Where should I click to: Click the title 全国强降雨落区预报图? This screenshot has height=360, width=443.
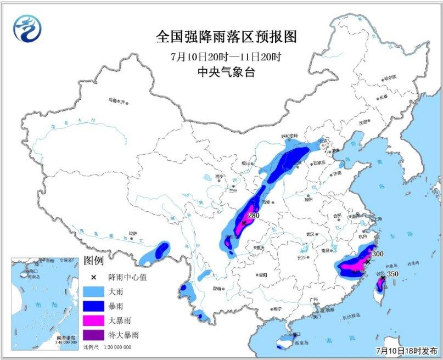tap(226, 37)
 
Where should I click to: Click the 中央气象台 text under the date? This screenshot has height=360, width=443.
tap(226, 72)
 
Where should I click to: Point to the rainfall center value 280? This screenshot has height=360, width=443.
tap(253, 216)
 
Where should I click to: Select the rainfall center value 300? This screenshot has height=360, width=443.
tap(377, 255)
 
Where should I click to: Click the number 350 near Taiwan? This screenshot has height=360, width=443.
tap(391, 273)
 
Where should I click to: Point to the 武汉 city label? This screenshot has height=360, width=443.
tap(311, 234)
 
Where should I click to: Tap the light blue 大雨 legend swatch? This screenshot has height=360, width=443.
tap(97, 291)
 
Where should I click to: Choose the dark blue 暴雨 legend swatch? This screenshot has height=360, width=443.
tap(97, 306)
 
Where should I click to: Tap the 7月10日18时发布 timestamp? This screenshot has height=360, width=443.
tap(407, 350)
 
